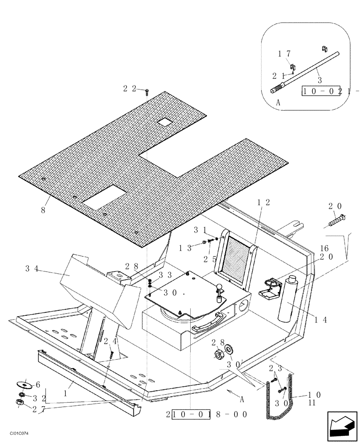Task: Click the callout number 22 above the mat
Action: click(x=130, y=89)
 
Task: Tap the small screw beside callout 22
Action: click(x=147, y=91)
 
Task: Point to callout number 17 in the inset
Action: click(x=284, y=54)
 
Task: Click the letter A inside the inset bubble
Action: click(x=278, y=101)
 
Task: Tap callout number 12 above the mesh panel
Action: click(x=264, y=202)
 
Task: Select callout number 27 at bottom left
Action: click(x=35, y=409)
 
